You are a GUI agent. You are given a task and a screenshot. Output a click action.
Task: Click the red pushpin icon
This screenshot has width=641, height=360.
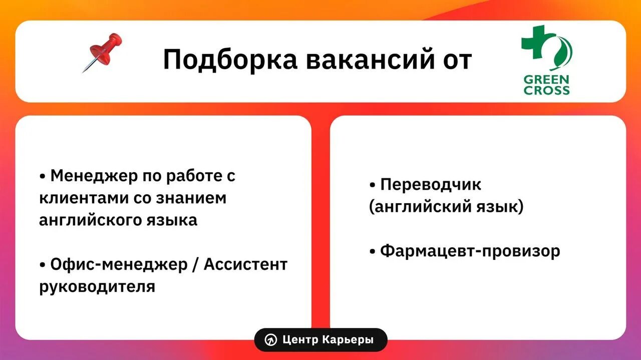pyautogui.click(x=103, y=52)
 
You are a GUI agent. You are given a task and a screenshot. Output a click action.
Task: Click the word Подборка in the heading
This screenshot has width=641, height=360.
pyautogui.click(x=230, y=60)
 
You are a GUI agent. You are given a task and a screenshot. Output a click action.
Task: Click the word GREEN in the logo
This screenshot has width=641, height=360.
pyautogui.click(x=546, y=80)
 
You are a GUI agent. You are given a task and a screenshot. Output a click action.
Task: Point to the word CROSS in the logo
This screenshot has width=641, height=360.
pyautogui.click(x=546, y=91)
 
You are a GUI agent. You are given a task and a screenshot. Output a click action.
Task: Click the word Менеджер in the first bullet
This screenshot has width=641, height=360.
pyautogui.click(x=93, y=176)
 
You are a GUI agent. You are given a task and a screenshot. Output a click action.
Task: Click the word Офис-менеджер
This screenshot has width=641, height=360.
pyautogui.click(x=118, y=264)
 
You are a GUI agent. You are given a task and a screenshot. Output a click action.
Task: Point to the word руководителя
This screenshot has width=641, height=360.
pyautogui.click(x=97, y=286)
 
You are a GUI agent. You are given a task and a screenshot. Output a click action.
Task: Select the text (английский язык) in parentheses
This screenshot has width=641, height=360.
pyautogui.click(x=446, y=206)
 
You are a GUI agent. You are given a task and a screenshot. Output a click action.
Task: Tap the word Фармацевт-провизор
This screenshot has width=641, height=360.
pyautogui.click(x=470, y=251)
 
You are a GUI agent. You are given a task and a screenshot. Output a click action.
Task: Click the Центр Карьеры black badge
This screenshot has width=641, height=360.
pyautogui.click(x=320, y=340)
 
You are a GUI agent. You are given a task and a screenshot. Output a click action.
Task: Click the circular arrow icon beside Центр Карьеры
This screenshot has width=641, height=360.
pyautogui.click(x=271, y=340)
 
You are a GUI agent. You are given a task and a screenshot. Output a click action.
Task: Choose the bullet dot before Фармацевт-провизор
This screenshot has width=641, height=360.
pyautogui.click(x=372, y=252)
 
